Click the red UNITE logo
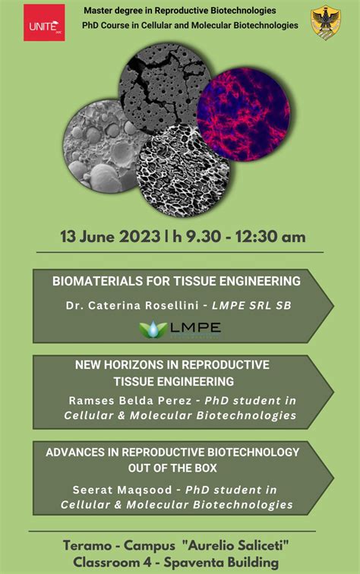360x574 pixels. [44, 23]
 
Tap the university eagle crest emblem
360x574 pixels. [326, 23]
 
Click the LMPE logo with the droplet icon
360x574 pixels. [180, 329]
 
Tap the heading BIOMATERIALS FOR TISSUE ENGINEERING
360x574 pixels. [176, 281]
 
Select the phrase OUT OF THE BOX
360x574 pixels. [173, 467]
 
